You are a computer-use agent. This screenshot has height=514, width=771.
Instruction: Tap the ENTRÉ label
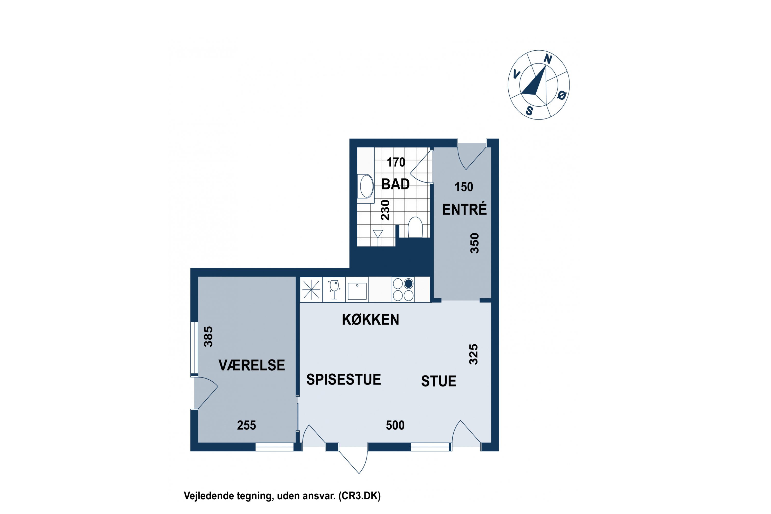[x=464, y=209]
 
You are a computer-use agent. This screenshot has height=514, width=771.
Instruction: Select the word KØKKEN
[x=370, y=320]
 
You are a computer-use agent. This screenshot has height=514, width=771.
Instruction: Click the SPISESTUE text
[x=344, y=380]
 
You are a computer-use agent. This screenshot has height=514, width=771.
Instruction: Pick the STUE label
[x=439, y=381]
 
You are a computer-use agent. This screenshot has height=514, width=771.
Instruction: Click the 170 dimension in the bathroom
[x=396, y=162]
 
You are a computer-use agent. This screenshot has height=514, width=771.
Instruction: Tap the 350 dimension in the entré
[x=474, y=243]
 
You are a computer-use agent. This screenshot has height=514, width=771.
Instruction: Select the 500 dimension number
[x=395, y=426]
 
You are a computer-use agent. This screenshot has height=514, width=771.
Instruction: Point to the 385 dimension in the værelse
[x=208, y=337]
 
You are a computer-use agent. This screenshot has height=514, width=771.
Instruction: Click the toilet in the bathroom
[x=415, y=227]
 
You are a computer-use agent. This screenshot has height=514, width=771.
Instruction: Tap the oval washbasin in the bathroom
[x=366, y=186]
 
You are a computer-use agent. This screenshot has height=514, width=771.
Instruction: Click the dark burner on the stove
[x=408, y=283]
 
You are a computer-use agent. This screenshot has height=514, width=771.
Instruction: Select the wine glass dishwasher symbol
[x=334, y=289]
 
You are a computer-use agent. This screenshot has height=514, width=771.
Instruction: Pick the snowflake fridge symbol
[x=311, y=289]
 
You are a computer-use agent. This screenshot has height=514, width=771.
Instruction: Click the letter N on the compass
[x=548, y=59]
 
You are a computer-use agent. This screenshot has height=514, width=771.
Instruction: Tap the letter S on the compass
[x=529, y=111]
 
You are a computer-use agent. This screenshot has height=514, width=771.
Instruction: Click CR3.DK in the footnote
[x=360, y=496]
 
